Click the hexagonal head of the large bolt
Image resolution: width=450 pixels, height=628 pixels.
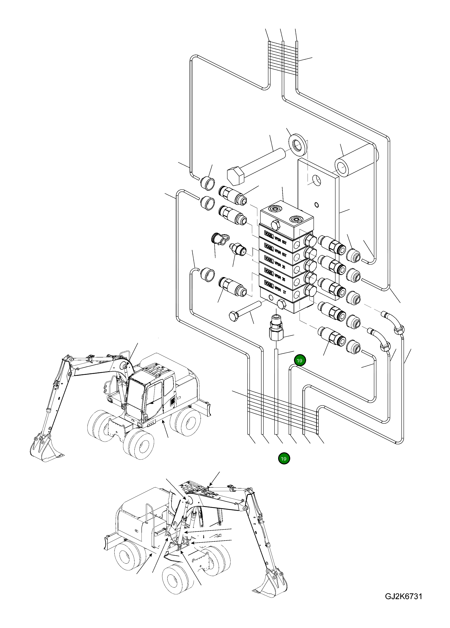235,176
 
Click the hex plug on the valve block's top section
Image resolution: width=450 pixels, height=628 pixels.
276,224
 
